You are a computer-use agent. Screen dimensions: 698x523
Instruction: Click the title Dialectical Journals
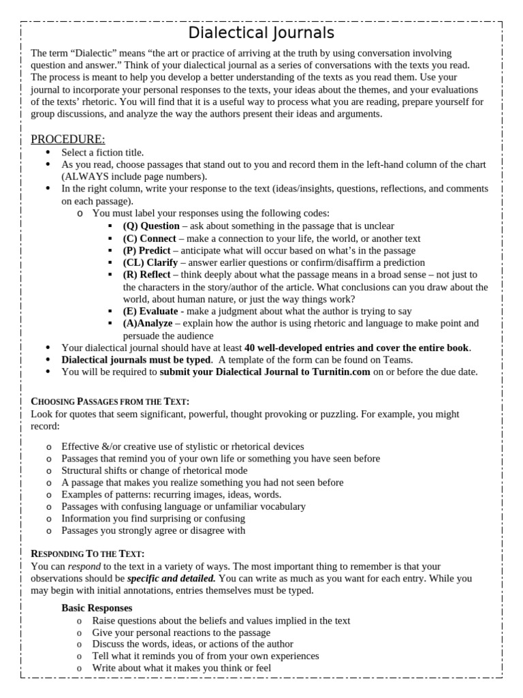pos(261,33)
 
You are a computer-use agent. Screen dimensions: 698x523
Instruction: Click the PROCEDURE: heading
pos(68,139)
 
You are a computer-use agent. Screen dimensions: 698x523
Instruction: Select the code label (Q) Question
pos(151,226)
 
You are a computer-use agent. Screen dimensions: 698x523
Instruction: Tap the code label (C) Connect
pos(149,239)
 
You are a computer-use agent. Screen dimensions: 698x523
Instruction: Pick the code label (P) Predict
pos(146,250)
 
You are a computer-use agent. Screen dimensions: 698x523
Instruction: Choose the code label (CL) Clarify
pos(150,262)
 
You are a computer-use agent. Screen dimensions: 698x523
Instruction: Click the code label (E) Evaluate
pos(150,311)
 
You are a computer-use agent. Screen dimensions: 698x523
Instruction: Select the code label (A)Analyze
pos(148,323)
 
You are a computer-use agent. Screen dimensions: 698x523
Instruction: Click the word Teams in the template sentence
pos(399,359)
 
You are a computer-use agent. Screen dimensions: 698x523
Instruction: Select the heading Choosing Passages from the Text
pos(110,401)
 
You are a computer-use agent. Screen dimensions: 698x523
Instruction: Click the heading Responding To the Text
pos(88,553)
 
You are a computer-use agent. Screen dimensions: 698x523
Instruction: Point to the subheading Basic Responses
pos(97,607)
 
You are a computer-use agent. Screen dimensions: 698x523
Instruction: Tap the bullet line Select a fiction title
pos(103,153)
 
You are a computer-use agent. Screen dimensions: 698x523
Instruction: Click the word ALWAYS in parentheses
pos(87,177)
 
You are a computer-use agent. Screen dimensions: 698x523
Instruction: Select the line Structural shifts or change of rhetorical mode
pos(155,470)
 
